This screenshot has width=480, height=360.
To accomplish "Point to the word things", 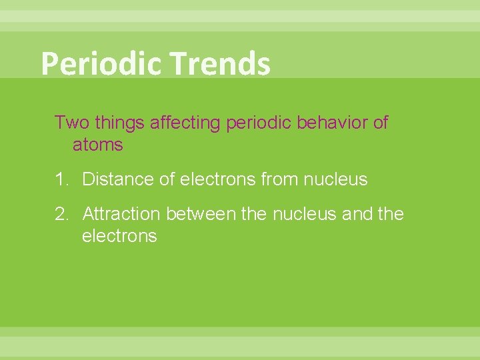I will click(x=121, y=123).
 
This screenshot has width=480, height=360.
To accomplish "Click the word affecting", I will click(x=187, y=123).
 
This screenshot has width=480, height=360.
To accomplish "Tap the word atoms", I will click(x=97, y=144).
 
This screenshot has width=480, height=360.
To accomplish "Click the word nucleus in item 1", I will click(x=335, y=179).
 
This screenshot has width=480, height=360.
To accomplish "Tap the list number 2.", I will click(x=61, y=214).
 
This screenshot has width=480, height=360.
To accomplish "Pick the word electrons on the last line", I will click(x=119, y=236).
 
